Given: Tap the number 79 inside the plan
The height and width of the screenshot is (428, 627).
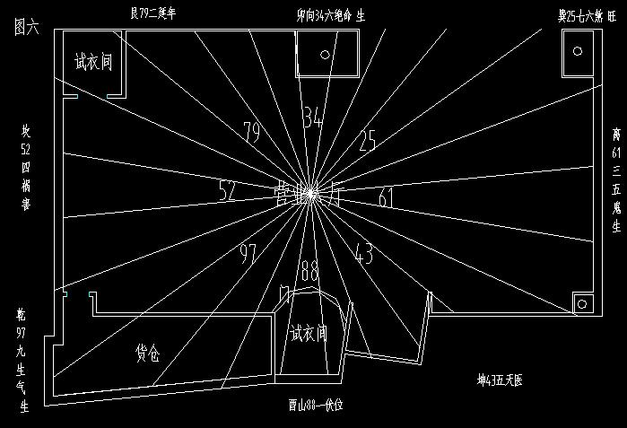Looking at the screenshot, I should click(252, 133).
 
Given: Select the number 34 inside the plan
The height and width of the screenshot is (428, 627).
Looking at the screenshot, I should click(312, 118).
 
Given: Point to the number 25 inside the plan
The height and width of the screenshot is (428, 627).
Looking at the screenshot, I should click(368, 140).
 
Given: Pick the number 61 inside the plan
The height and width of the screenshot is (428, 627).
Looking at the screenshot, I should click(386, 197).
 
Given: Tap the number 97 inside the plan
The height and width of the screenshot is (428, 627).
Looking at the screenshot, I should click(248, 253).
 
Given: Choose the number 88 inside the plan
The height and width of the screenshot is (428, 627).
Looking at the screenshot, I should click(310, 269).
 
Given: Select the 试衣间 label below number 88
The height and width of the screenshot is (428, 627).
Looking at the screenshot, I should click(308, 334).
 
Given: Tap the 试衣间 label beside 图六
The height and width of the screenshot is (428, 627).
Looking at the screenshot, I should click(93, 63).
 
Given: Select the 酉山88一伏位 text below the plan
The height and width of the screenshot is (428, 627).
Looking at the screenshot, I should click(309, 405).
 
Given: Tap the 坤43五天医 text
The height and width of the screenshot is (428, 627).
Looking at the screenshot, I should click(500, 380).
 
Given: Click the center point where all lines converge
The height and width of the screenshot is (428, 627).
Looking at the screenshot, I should click(309, 192).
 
